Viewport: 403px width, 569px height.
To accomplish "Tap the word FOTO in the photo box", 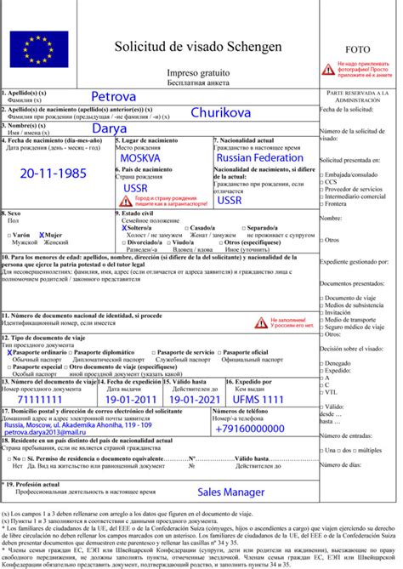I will [x=360, y=49].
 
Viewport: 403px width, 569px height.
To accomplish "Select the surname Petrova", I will [x=120, y=95].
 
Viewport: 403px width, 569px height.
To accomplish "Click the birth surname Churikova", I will [x=226, y=111].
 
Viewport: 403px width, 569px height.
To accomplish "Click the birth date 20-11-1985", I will [x=54, y=173].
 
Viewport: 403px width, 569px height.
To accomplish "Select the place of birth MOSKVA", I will [x=145, y=159].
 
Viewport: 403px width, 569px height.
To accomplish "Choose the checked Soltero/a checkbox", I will [x=125, y=229].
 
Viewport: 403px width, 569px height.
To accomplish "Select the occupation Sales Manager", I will [x=232, y=492].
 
